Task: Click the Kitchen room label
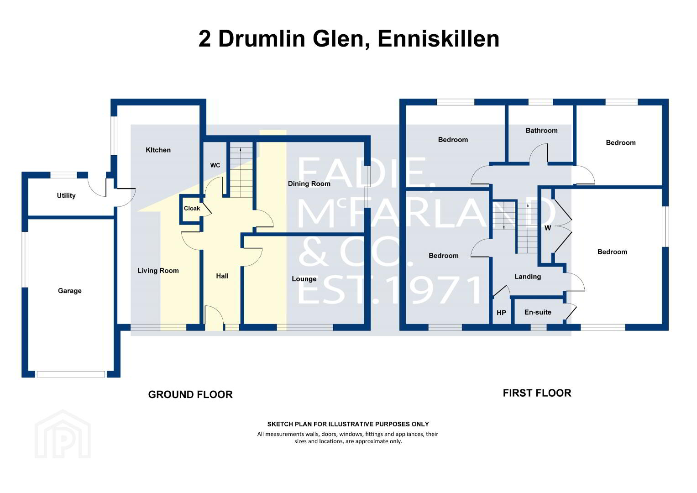[158, 150]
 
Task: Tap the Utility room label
[66, 196]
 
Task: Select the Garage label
[70, 291]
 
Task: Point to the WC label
[215, 165]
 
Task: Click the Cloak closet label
[192, 209]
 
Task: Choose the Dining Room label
[309, 184]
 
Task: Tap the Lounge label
[304, 279]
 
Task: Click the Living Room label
[158, 271]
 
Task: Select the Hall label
[222, 276]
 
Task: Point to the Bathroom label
[541, 131]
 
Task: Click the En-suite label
[538, 312]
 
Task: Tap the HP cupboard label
[501, 313]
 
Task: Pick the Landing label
[528, 277]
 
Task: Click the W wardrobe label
[548, 228]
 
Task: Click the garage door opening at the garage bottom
[71, 374]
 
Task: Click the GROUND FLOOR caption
[190, 395]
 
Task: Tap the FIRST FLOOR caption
[537, 393]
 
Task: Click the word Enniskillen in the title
[439, 39]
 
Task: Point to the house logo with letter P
[63, 434]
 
